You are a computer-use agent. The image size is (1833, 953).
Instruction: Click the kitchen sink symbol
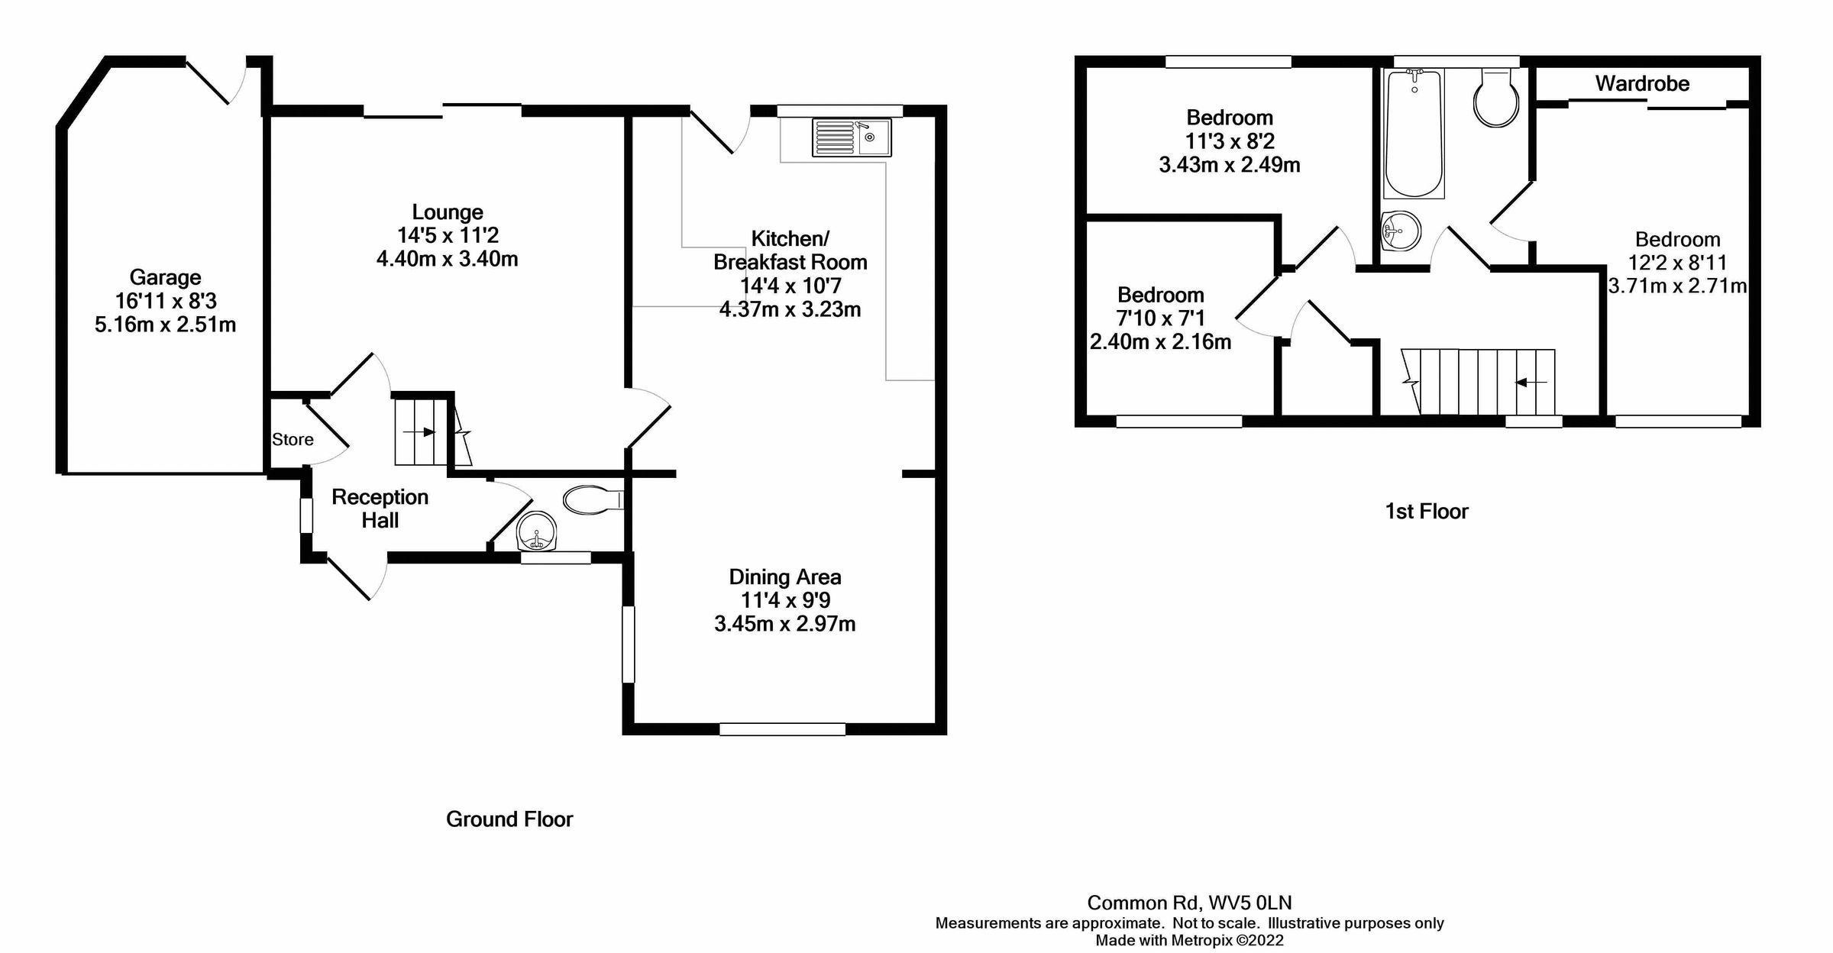(x=852, y=138)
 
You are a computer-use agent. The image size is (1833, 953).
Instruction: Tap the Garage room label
(x=165, y=277)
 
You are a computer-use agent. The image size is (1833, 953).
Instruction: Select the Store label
(x=293, y=440)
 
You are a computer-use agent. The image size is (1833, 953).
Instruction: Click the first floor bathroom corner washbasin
(x=1402, y=230)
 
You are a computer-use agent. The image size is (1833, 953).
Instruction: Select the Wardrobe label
(x=1642, y=84)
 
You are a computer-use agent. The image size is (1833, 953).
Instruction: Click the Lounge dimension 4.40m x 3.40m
(x=447, y=259)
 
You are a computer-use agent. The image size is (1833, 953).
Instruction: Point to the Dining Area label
(x=785, y=577)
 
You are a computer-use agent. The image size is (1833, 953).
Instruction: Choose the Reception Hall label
(x=380, y=509)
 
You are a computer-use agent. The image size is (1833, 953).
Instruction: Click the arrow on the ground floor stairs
(x=419, y=432)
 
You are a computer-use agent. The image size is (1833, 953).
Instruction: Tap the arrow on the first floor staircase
(x=1531, y=383)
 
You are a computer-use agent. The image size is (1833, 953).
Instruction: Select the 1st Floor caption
(x=1426, y=512)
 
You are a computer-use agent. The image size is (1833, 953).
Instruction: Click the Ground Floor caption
(x=509, y=819)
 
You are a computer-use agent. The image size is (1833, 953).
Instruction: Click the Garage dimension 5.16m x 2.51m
(x=165, y=325)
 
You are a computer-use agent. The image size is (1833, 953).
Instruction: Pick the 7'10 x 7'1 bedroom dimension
(x=1161, y=318)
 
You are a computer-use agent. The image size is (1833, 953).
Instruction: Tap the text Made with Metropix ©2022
(x=1189, y=941)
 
